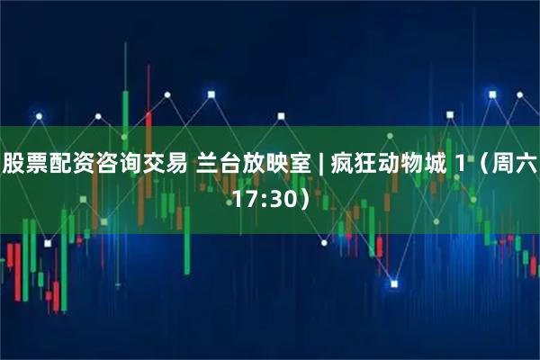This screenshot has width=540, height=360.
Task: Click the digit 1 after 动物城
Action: (x=458, y=164)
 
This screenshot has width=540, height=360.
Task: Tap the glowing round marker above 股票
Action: (x=38, y=115)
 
